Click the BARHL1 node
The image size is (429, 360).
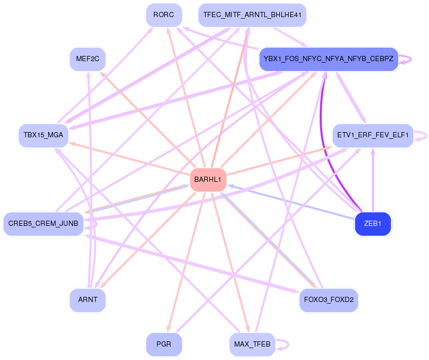click(208, 179)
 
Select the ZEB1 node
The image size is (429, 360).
click(373, 224)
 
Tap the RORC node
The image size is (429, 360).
click(164, 15)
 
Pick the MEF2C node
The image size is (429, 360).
click(88, 59)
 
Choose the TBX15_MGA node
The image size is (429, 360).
click(44, 135)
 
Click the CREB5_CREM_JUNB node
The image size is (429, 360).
click(44, 224)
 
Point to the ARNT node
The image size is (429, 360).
click(88, 300)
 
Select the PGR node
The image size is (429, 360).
click(164, 344)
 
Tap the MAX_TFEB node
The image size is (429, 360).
click(252, 344)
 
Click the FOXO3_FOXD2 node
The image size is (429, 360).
click(328, 300)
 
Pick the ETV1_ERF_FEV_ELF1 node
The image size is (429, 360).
click(373, 135)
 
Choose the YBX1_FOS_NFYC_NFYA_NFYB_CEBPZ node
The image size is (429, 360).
click(328, 59)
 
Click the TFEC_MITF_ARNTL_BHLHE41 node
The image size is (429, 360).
click(252, 15)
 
